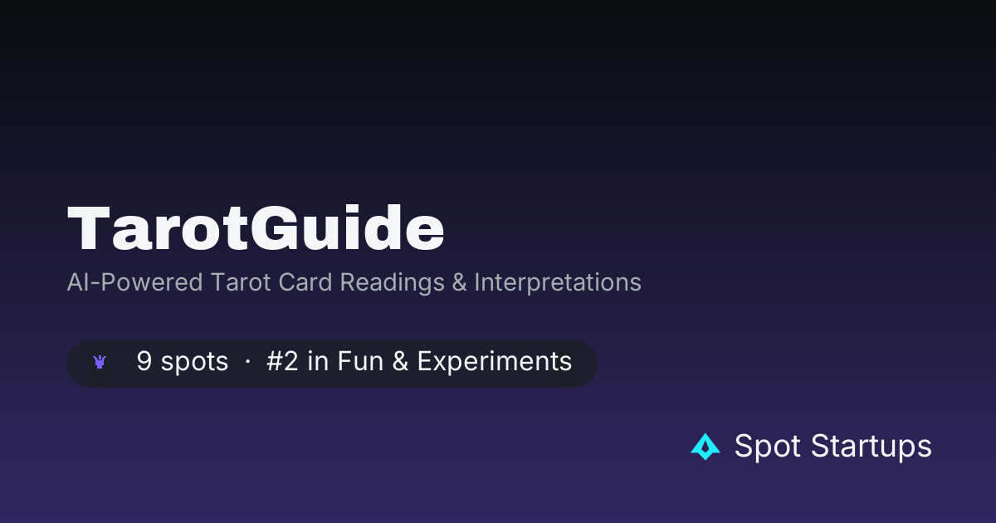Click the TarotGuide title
[x=256, y=227]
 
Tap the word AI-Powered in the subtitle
[x=134, y=282]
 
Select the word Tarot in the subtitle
[x=241, y=282]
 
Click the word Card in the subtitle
[x=305, y=282]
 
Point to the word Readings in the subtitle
[x=392, y=283]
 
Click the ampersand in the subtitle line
[x=459, y=282]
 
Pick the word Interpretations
[x=558, y=282]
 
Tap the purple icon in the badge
[x=100, y=362]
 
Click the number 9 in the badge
[x=144, y=360]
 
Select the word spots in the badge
[x=194, y=362]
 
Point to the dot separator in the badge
[x=247, y=362]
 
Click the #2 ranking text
[x=282, y=360]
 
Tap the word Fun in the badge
[x=360, y=360]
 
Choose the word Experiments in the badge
[x=495, y=362]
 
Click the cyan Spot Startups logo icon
[x=705, y=447]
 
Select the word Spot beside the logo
[x=768, y=446]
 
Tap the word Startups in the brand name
[x=871, y=446]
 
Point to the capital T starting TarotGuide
[x=89, y=227]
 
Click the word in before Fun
[x=318, y=360]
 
